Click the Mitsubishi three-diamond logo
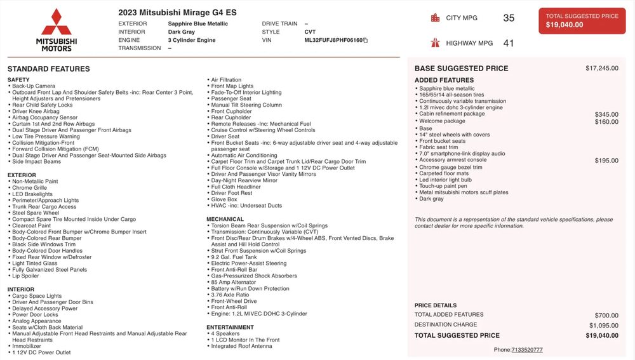[x=57, y=22]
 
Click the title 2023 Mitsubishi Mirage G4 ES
[x=177, y=12]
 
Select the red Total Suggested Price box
[x=582, y=21]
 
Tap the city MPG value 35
[x=509, y=18]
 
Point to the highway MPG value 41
[x=509, y=43]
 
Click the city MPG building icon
[x=435, y=18]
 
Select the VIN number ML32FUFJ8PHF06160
[x=333, y=40]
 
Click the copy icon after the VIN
[x=365, y=40]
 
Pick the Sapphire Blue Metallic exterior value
[x=197, y=23]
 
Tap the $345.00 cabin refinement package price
[x=606, y=114]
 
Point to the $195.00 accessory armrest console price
[x=606, y=161]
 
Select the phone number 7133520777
[x=527, y=350]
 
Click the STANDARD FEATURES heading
[x=49, y=69]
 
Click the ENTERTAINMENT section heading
[x=230, y=328]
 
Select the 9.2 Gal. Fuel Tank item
[x=234, y=257]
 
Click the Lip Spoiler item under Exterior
[x=25, y=276]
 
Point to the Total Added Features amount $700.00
[x=606, y=315]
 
